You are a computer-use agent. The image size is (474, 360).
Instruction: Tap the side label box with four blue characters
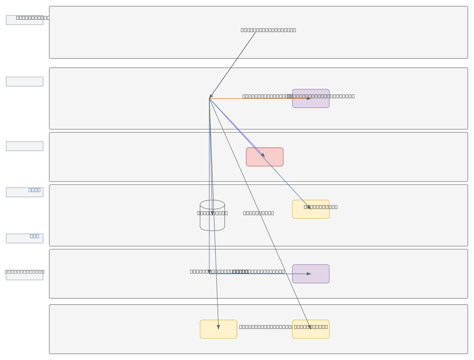pos(24,192)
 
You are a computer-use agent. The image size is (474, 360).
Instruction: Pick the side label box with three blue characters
pos(24,238)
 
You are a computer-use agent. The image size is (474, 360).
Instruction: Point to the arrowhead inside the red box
pos(263,155)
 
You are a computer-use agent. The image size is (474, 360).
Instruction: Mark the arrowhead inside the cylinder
pos(212,213)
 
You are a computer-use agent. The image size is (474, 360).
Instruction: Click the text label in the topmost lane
pos(268,30)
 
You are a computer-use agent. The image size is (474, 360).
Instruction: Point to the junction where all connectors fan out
pos(209,98)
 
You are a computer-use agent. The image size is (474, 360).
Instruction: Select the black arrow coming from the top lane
pos(233,65)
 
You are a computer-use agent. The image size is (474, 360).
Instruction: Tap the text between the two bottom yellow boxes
pos(265,327)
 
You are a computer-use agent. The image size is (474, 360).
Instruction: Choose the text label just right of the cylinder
pos(258,213)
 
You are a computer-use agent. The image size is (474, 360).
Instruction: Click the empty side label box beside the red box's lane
pos(24,146)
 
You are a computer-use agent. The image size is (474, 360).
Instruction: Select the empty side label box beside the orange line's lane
pos(24,81)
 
